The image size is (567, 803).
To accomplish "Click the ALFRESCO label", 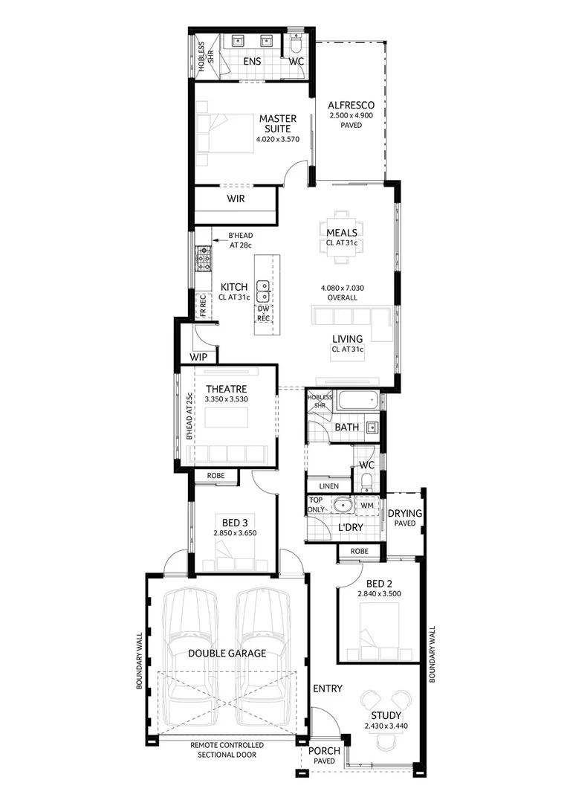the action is click(x=351, y=105).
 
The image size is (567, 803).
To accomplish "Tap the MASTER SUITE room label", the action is click(x=278, y=123).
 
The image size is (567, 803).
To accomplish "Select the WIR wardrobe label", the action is click(x=236, y=199).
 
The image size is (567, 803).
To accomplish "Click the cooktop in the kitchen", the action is click(x=203, y=259).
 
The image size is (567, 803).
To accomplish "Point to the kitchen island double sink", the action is click(x=263, y=291).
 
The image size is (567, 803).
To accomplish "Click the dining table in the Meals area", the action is click(x=342, y=236).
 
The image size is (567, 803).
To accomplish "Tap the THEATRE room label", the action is click(x=226, y=389).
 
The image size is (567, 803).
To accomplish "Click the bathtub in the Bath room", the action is click(x=358, y=400).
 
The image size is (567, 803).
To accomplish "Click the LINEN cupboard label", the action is click(x=328, y=486).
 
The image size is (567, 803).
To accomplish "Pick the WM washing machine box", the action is click(x=367, y=506).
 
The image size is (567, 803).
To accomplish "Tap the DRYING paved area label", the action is click(x=405, y=513).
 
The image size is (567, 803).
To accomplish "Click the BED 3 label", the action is click(x=235, y=523).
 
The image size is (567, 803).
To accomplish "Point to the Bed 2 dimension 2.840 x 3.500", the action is click(x=379, y=593).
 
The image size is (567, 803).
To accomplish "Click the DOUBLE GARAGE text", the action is click(x=227, y=653).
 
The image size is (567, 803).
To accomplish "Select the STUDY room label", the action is click(x=386, y=715).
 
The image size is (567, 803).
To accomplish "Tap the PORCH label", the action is click(x=324, y=751).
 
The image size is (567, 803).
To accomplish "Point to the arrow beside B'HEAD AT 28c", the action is click(x=219, y=239).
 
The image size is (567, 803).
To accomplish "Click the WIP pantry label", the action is click(x=198, y=357).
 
